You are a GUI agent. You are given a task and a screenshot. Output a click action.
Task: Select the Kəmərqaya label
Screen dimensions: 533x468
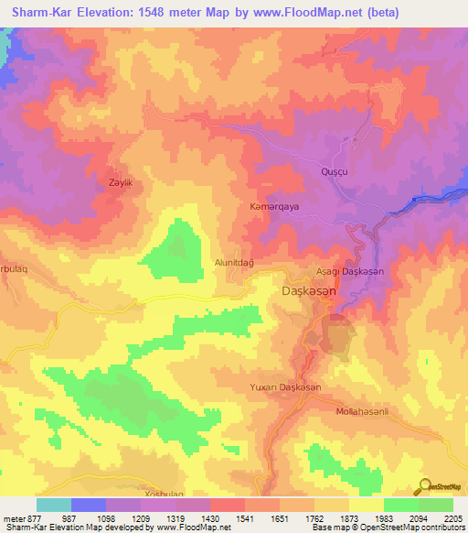click(x=274, y=207)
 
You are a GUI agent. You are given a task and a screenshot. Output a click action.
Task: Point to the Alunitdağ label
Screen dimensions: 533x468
click(x=233, y=261)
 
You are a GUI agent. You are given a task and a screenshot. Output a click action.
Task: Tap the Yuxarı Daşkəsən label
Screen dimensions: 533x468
click(x=286, y=388)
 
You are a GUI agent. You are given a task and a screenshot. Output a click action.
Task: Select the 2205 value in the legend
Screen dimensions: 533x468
click(x=452, y=517)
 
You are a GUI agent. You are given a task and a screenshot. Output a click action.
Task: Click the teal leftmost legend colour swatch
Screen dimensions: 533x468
click(x=54, y=505)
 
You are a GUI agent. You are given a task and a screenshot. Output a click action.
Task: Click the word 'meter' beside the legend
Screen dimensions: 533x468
click(x=13, y=517)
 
